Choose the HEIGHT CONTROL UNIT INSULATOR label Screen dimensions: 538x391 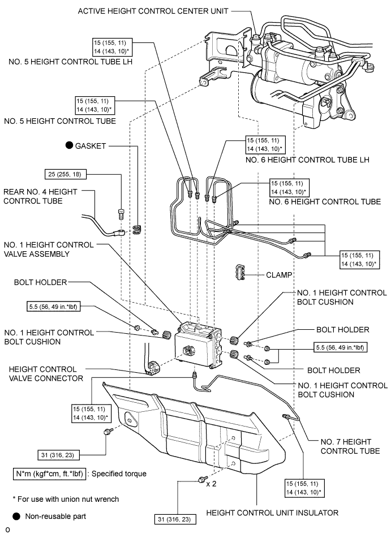click(x=272, y=513)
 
